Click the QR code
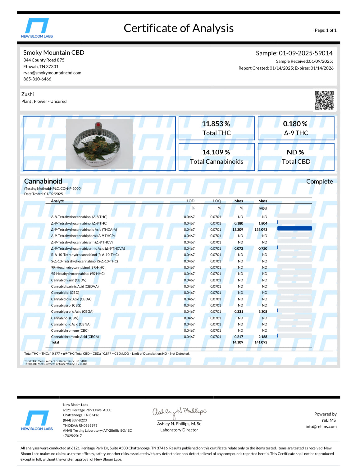tap(324, 100)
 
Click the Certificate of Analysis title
tap(179, 28)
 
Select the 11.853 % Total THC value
tap(216, 124)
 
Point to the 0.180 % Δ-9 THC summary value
tap(295, 124)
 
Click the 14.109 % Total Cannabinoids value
tap(216, 152)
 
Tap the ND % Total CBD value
tap(295, 152)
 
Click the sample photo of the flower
tap(99, 144)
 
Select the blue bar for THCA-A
tap(294, 229)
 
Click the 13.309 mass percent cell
tap(238, 230)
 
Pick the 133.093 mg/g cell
tap(261, 230)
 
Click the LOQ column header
tap(217, 201)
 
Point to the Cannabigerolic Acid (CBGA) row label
tap(72, 312)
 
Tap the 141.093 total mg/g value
tap(261, 343)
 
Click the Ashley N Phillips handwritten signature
tap(179, 412)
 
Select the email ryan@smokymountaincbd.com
tap(52, 73)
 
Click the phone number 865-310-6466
tap(37, 79)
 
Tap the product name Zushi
tap(28, 94)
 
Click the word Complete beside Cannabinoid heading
tap(319, 182)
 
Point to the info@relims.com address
tap(321, 427)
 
